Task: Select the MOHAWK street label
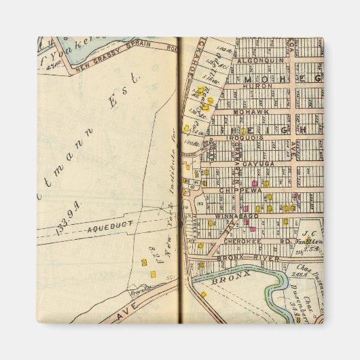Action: pos(246,111)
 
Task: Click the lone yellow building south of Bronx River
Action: pos(202,294)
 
